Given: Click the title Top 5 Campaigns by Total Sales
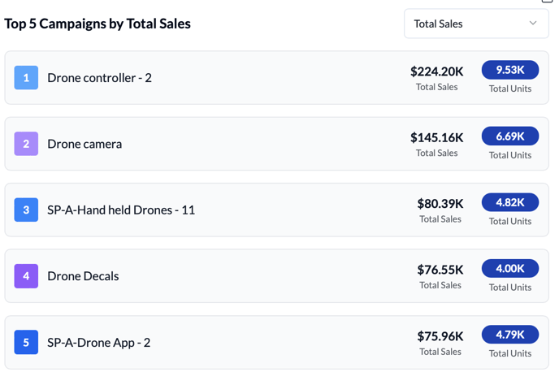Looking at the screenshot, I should (97, 24).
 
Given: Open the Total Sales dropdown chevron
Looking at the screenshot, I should (533, 24).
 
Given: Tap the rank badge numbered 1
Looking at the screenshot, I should (26, 78).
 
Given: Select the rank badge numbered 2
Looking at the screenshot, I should (26, 144).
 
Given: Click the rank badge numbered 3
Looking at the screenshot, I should (26, 210).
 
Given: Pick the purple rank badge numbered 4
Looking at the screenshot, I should (26, 276).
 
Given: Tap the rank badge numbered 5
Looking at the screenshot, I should (26, 342).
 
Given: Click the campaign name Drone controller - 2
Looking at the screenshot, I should (99, 78).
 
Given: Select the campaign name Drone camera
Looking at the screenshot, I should (84, 144).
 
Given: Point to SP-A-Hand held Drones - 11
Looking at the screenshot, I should (121, 210).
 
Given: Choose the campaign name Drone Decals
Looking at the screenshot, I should (83, 276).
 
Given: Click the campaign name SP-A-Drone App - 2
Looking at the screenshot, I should (98, 343).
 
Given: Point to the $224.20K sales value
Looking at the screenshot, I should (436, 71).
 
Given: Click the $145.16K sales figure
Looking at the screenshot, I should (436, 137).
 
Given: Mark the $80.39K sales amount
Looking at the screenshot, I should (440, 204).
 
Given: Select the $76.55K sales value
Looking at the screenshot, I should (440, 270).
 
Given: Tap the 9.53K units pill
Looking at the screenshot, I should (510, 70).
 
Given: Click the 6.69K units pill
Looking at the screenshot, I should (510, 136).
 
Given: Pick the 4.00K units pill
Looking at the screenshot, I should (510, 268).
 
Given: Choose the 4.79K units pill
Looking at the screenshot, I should (510, 334).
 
